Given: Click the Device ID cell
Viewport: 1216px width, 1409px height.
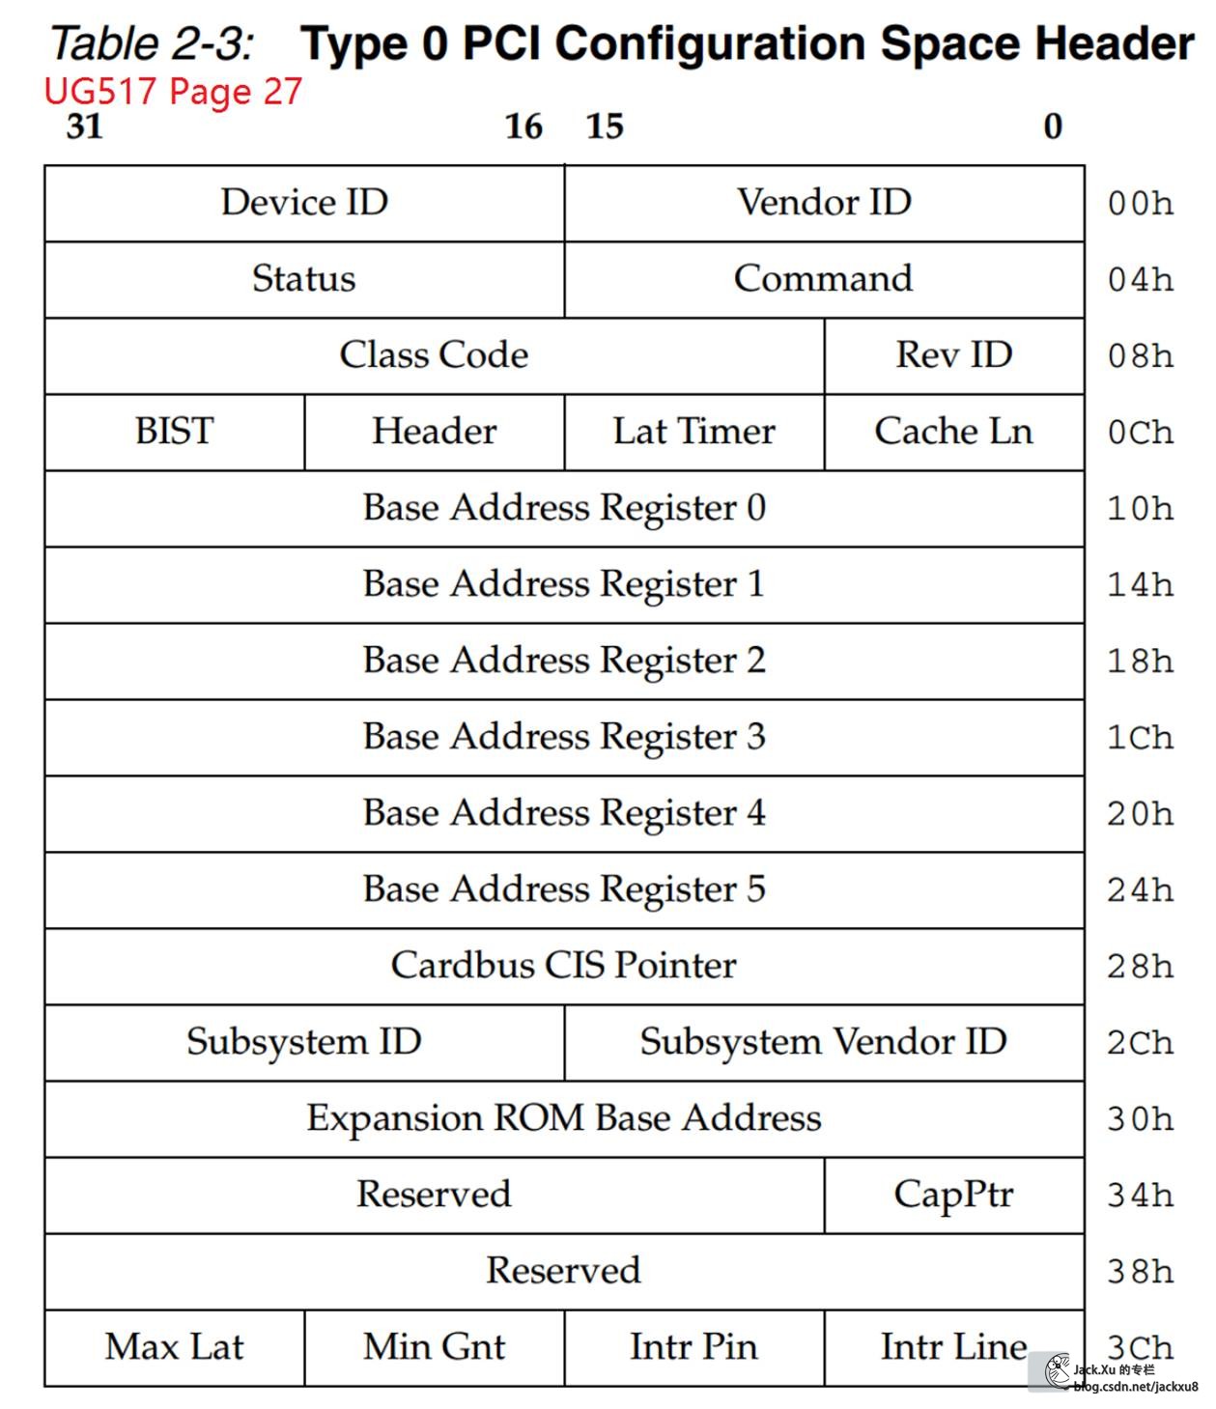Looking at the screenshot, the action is [304, 203].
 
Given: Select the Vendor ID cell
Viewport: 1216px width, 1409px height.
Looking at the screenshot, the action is [824, 203].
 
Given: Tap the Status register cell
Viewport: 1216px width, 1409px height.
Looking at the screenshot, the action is [304, 279].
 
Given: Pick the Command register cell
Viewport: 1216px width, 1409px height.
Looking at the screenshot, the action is [824, 279].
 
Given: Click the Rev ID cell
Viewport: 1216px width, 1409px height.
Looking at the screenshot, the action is [954, 355].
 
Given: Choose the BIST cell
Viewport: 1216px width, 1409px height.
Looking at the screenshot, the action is [175, 432].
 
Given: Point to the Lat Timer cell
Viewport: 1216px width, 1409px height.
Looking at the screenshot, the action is [693, 432].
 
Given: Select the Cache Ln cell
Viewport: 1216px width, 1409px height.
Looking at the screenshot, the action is [954, 432].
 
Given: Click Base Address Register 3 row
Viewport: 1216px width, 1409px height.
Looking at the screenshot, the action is [564, 737].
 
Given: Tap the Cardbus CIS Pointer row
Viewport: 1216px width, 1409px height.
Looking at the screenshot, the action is [564, 966].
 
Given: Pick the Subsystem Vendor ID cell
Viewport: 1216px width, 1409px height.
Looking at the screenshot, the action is [824, 1042].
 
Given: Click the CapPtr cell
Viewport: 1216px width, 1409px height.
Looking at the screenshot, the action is [954, 1195].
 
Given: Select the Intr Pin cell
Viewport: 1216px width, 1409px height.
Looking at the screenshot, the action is [693, 1347].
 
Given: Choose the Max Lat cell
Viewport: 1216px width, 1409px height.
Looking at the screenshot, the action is [175, 1347].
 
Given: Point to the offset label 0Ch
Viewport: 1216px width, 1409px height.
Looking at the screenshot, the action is [1141, 433].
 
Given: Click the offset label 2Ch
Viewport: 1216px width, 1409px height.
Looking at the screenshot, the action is [1141, 1043].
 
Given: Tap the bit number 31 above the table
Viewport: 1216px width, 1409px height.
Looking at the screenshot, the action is [85, 127].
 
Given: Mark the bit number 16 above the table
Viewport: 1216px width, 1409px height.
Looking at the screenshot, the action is [523, 127].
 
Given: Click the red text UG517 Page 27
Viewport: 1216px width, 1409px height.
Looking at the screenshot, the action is [173, 91].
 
